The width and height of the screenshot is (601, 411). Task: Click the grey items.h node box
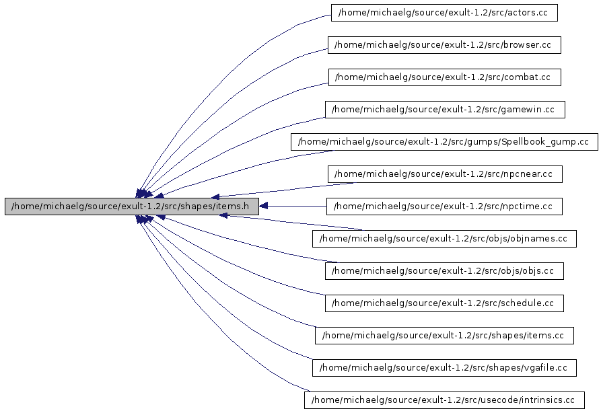pyautogui.click(x=131, y=207)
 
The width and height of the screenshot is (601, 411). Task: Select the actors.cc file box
pyautogui.click(x=444, y=13)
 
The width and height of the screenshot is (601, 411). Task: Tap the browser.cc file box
pyautogui.click(x=444, y=45)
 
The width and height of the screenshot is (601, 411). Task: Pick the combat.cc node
pyautogui.click(x=444, y=77)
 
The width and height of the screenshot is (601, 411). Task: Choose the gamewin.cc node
pyautogui.click(x=444, y=110)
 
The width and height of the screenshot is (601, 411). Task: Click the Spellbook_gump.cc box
pyautogui.click(x=444, y=142)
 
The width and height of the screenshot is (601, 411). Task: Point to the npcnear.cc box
pyautogui.click(x=444, y=174)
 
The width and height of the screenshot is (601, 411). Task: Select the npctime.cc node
pyautogui.click(x=444, y=207)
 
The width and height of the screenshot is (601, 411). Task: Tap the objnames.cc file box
pyautogui.click(x=444, y=239)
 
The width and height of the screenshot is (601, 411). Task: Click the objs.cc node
pyautogui.click(x=444, y=271)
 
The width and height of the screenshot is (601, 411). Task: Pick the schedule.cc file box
pyautogui.click(x=444, y=303)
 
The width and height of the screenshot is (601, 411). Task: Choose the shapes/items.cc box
pyautogui.click(x=444, y=336)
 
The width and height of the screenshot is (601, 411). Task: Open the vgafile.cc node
pyautogui.click(x=444, y=368)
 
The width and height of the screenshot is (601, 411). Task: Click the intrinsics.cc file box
pyautogui.click(x=444, y=400)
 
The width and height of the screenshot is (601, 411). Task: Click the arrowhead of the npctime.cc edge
pyautogui.click(x=264, y=206)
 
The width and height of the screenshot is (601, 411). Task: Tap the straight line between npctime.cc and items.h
pyautogui.click(x=296, y=206)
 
